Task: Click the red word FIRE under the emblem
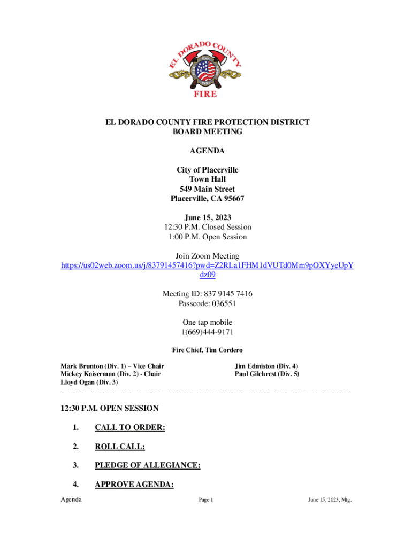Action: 205,94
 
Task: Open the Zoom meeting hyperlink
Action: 207,265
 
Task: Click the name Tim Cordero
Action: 224,350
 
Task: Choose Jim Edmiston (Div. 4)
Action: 266,366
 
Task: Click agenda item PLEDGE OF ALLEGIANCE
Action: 147,465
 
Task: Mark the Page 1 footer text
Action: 206,500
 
